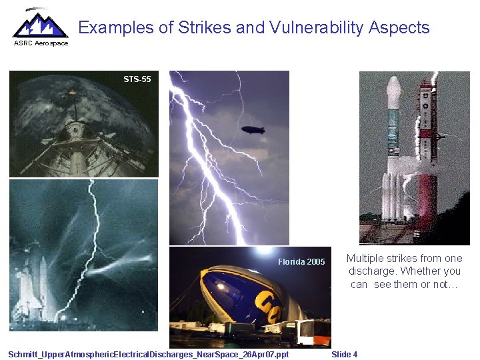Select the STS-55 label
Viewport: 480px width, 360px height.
point(137,79)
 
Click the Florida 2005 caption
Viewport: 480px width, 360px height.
point(301,261)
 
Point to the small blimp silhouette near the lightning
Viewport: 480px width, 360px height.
point(253,129)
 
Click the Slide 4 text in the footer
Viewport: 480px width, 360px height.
point(344,354)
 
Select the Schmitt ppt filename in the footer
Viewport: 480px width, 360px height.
point(149,354)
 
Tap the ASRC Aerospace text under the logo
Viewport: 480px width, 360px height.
point(41,43)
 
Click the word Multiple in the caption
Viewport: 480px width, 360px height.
point(365,258)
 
